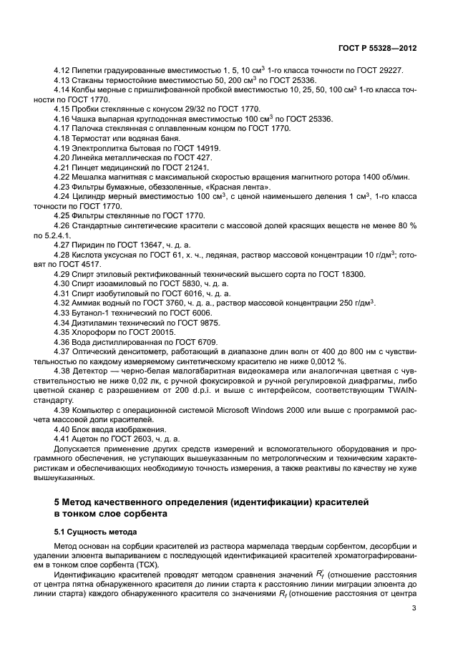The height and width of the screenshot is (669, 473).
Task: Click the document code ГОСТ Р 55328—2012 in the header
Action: [377, 49]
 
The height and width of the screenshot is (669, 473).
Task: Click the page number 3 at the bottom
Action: [414, 608]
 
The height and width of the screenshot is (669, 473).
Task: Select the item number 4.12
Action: [63, 71]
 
